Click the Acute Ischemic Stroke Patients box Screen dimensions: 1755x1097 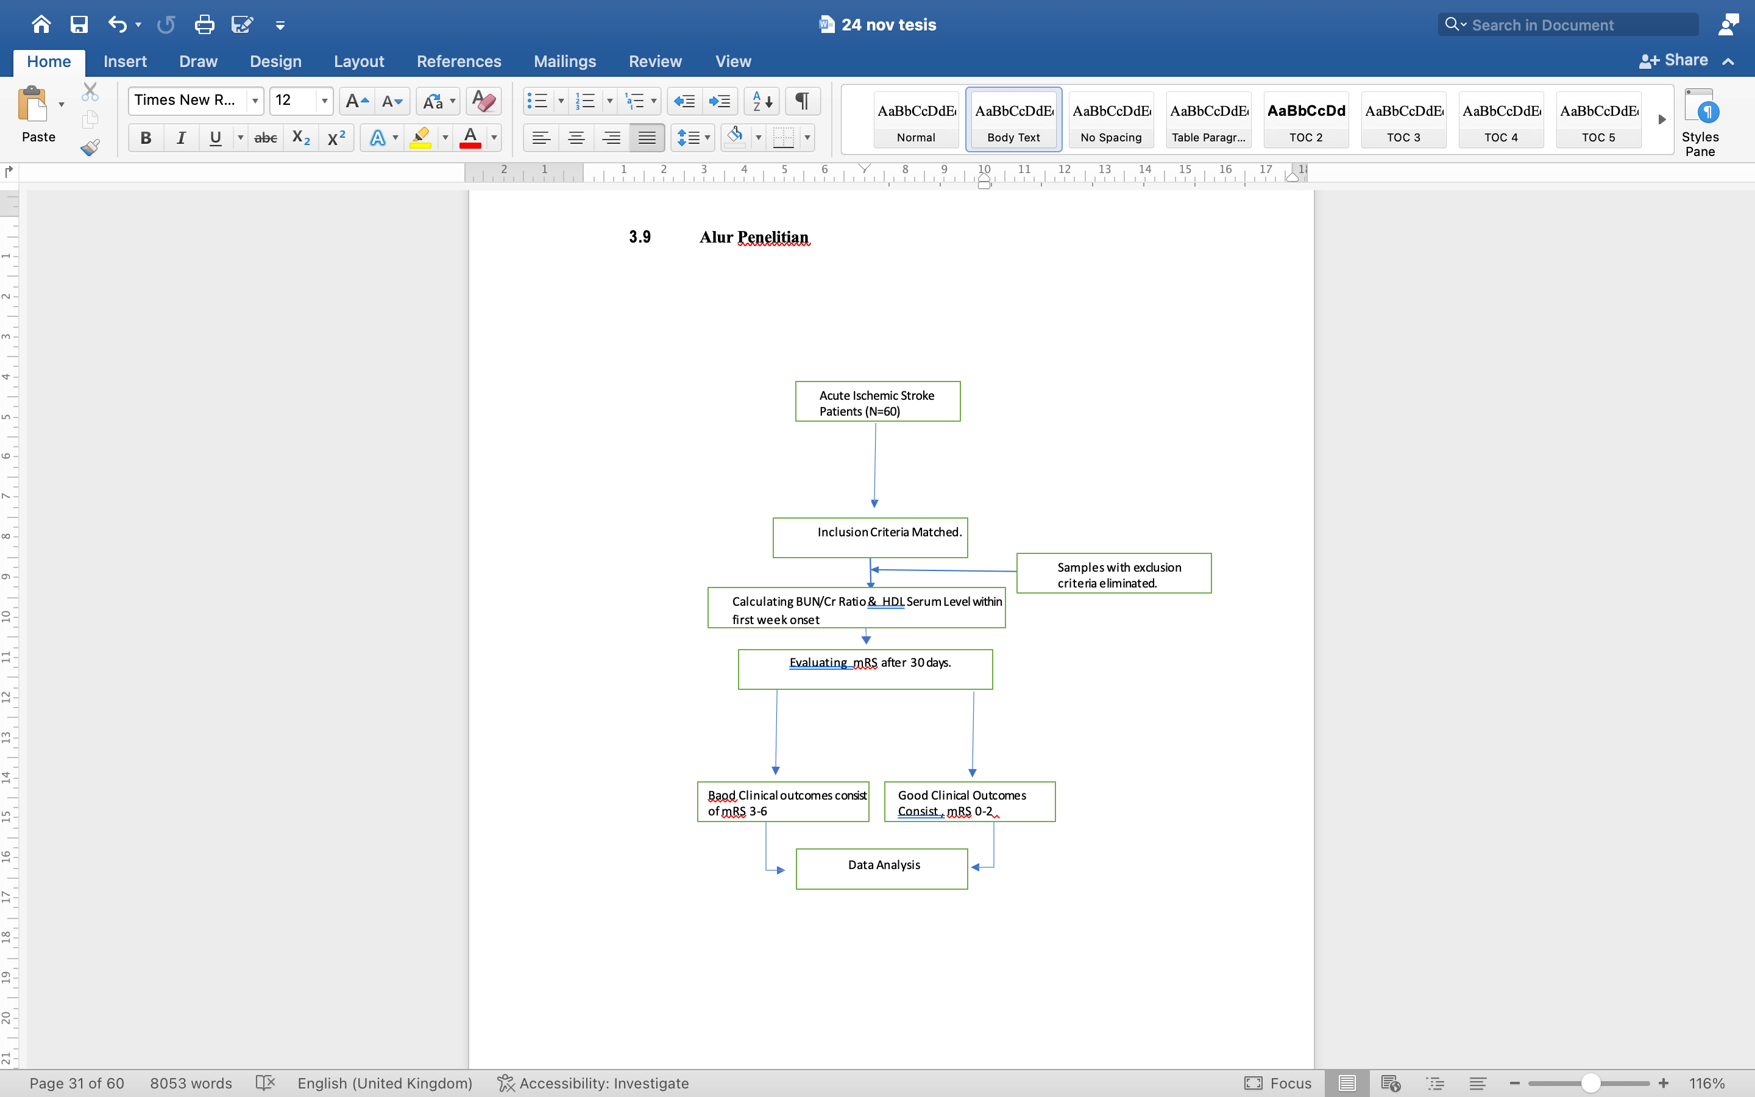click(x=877, y=401)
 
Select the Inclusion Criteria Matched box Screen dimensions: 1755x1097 click(x=870, y=538)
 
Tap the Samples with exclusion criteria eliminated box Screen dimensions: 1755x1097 click(x=1114, y=573)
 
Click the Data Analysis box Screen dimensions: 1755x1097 click(x=882, y=868)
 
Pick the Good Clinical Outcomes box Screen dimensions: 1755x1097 click(x=970, y=801)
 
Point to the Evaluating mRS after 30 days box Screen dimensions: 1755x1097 click(x=865, y=669)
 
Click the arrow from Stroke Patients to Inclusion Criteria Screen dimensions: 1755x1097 click(x=875, y=465)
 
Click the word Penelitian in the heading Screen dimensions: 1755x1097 click(x=773, y=237)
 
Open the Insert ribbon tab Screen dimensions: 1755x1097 click(x=125, y=62)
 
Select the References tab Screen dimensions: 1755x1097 click(x=459, y=62)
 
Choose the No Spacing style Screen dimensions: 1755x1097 click(x=1111, y=119)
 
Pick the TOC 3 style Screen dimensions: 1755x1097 click(x=1403, y=119)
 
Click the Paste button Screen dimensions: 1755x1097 click(x=37, y=115)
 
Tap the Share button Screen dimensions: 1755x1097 click(x=1674, y=60)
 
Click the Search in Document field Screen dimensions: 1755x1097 click(x=1568, y=24)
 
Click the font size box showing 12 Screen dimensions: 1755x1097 click(x=294, y=100)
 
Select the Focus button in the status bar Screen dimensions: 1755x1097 click(x=1278, y=1083)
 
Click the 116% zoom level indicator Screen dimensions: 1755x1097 click(x=1706, y=1083)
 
